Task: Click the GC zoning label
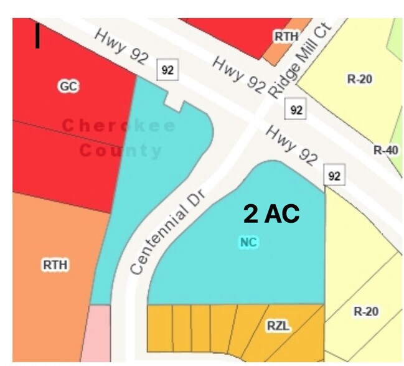(x=68, y=87)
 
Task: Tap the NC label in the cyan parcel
(x=248, y=242)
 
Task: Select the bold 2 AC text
(x=271, y=213)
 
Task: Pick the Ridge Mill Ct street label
(x=301, y=59)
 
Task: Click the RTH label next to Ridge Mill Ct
(x=286, y=37)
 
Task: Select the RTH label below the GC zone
(x=55, y=265)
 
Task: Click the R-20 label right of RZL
(x=366, y=311)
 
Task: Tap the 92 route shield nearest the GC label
(x=167, y=70)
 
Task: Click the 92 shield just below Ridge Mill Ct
(x=296, y=110)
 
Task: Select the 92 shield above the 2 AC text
(x=334, y=177)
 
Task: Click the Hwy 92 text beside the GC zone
(x=121, y=47)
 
